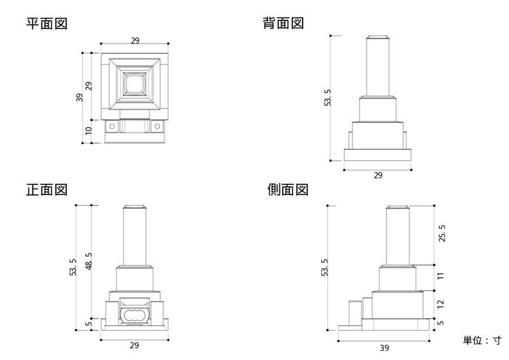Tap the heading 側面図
(288, 190)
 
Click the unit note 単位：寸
(482, 340)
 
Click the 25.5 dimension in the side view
(442, 233)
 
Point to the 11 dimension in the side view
(441, 276)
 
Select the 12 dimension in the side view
(441, 303)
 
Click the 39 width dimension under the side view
(384, 348)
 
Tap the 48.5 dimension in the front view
(88, 262)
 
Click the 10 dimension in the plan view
(88, 131)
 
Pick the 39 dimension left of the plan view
(80, 97)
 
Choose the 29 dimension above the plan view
(135, 40)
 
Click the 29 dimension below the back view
(378, 175)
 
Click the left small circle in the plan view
(112, 126)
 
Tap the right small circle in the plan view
(157, 126)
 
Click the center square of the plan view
(135, 85)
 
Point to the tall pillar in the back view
(377, 67)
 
